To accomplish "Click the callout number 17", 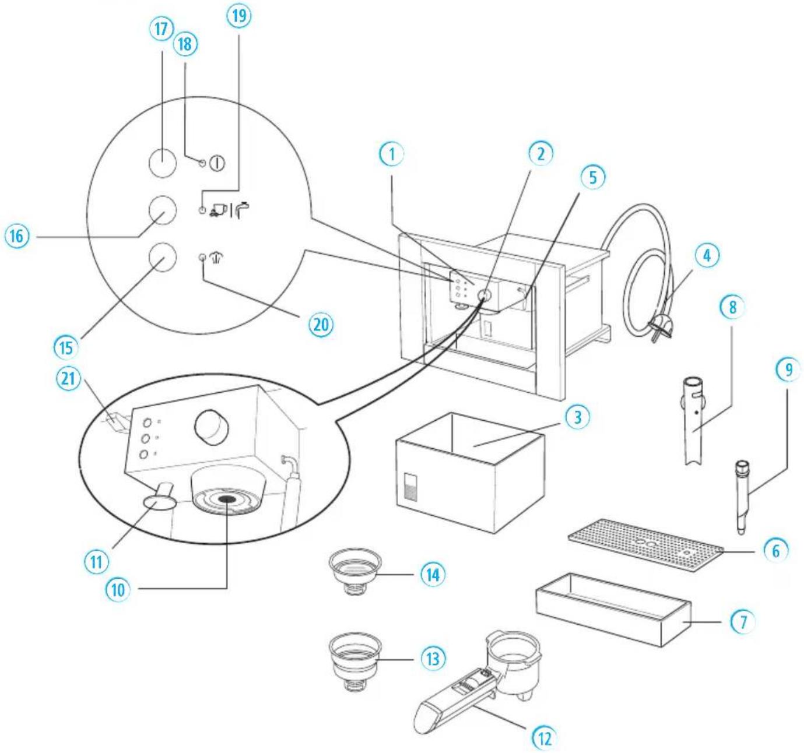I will pyautogui.click(x=161, y=30).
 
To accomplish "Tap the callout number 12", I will pyautogui.click(x=543, y=738).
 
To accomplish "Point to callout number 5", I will pyautogui.click(x=593, y=177).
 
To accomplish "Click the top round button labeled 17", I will pyautogui.click(x=163, y=163).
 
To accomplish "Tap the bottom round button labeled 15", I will pyautogui.click(x=162, y=257).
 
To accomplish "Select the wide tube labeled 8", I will pyautogui.click(x=693, y=420).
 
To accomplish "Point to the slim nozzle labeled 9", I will pyautogui.click(x=742, y=495).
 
